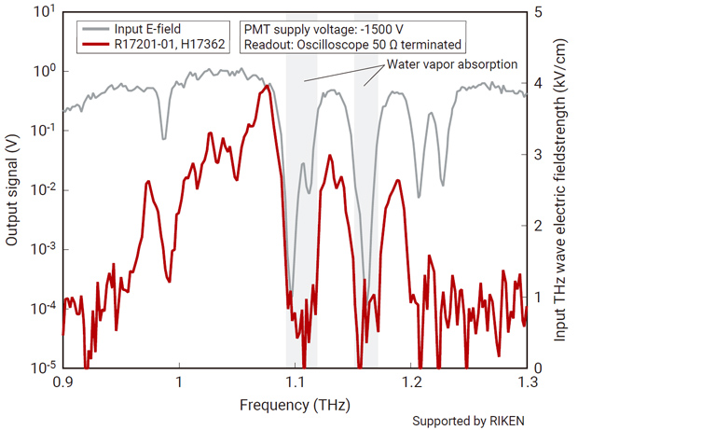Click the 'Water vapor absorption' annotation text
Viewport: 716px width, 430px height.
click(x=452, y=64)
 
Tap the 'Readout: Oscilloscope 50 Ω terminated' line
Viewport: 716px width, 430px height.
click(x=351, y=44)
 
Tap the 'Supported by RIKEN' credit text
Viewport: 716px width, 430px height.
click(x=468, y=421)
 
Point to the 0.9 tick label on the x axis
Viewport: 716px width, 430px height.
click(x=62, y=382)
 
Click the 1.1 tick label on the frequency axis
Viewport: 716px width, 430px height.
click(x=295, y=382)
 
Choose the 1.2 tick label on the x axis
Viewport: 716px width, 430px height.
click(x=411, y=382)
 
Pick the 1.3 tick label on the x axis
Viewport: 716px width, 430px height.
click(x=527, y=382)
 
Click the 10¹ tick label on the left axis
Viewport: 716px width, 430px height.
click(x=43, y=13)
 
